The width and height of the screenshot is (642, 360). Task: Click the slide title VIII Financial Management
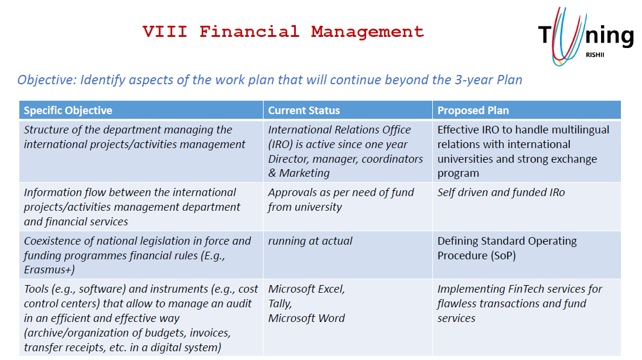pos(284,32)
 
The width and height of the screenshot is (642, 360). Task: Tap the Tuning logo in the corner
pos(586,37)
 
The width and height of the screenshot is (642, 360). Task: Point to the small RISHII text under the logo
pos(595,55)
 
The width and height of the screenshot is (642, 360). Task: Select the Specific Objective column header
pos(68,111)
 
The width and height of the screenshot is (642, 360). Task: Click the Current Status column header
pos(304,111)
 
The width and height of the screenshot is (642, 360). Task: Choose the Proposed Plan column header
pos(473,111)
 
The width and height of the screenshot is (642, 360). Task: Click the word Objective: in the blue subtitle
pos(47,80)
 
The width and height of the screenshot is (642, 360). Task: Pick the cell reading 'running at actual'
pos(310,241)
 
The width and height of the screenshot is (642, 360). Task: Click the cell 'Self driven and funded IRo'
pos(501,192)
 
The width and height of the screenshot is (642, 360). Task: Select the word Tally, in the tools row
pos(280,304)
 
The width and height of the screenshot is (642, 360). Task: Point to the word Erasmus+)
pos(49,270)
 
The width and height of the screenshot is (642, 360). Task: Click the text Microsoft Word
pos(306,318)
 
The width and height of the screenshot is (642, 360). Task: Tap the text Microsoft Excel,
pos(307,289)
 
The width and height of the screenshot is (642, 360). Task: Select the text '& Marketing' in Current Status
pos(299,173)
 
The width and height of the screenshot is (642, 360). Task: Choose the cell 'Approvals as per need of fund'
pos(341,192)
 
